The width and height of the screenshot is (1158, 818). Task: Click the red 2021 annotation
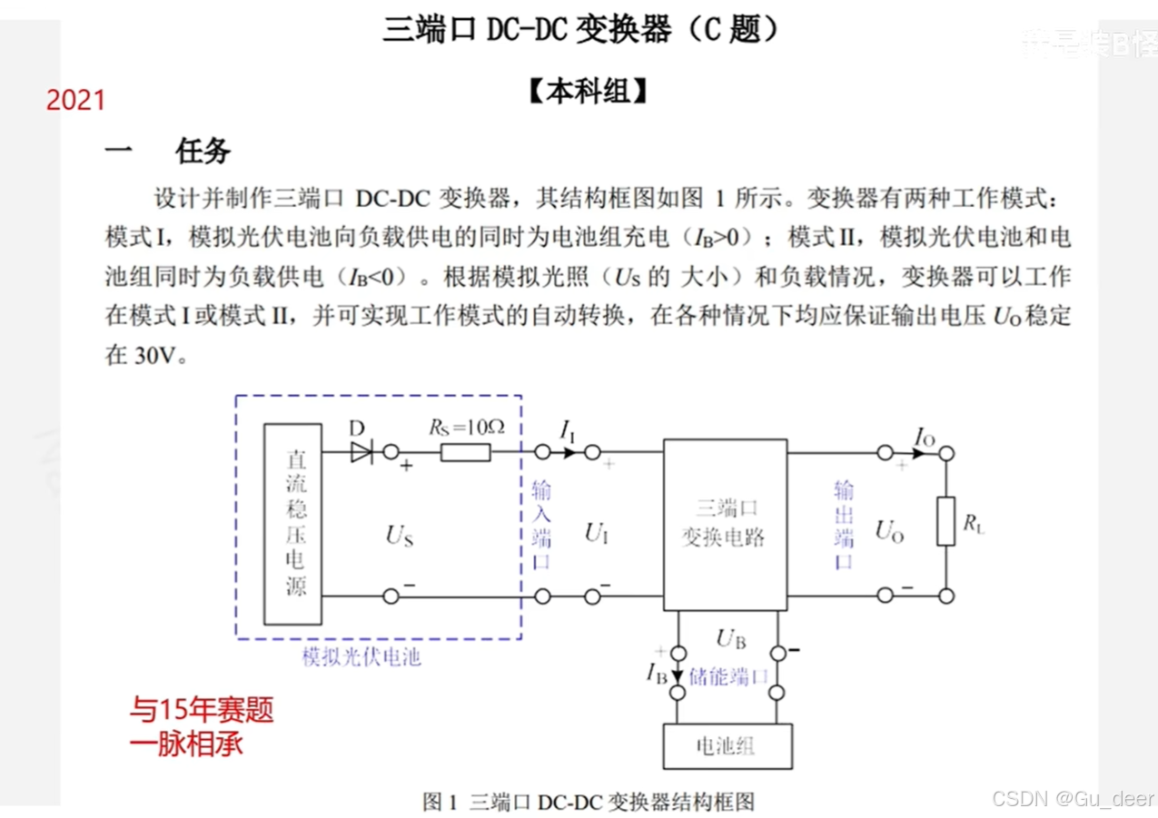coord(76,100)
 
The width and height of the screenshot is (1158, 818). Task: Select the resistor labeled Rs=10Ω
coord(465,451)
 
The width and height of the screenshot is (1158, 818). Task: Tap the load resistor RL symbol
coord(946,522)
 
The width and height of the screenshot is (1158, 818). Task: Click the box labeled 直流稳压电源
coord(296,524)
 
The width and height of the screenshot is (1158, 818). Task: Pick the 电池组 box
coord(727,746)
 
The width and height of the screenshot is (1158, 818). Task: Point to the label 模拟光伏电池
coord(361,657)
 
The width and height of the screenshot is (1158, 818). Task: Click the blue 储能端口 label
coord(729,676)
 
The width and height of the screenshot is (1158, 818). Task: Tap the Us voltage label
coord(399,537)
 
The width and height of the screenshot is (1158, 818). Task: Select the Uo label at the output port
coord(890,531)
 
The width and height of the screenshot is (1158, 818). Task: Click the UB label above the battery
coord(731,640)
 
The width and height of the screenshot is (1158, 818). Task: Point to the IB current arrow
coord(677,675)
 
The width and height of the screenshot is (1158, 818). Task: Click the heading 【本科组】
coord(589,92)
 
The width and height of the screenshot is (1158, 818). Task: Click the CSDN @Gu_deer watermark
coord(1073,798)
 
